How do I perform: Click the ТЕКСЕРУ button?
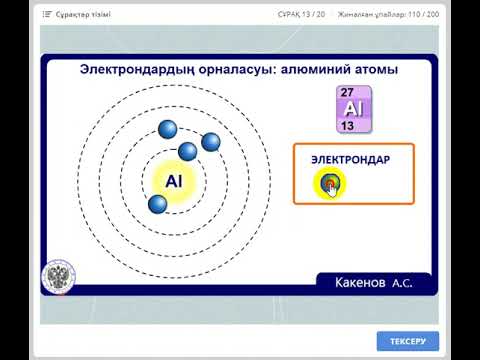[408, 341]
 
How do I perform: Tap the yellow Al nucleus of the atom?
[174, 181]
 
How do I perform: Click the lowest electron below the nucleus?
[157, 205]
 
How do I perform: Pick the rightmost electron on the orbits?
[211, 142]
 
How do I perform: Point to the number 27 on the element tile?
[348, 92]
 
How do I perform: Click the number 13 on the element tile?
[348, 126]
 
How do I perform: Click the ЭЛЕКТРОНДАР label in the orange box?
[350, 160]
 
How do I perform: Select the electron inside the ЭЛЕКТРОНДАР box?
[328, 182]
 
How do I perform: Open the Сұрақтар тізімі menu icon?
[47, 14]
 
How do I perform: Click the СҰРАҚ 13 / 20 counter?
[303, 14]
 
